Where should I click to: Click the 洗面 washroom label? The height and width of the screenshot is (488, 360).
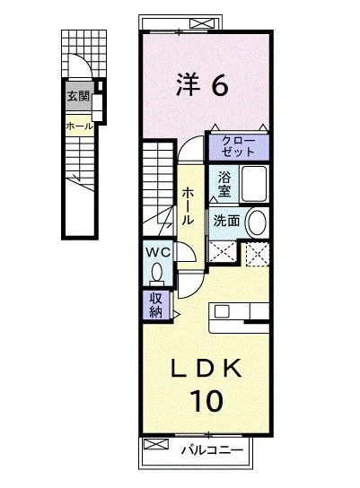pos(225,220)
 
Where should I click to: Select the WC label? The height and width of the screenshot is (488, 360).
pos(159,251)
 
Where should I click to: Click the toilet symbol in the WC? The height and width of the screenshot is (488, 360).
pos(159,271)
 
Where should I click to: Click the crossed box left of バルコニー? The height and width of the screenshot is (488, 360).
pos(156,446)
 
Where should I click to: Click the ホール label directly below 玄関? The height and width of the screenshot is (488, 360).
pos(76,126)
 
